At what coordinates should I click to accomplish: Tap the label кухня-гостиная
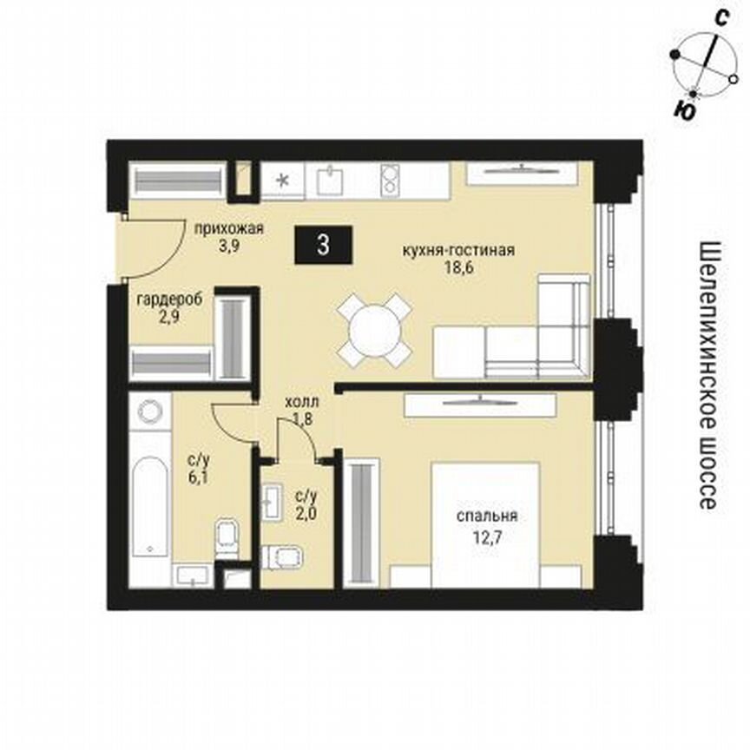[x=458, y=251]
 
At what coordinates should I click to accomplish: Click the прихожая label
[x=228, y=230]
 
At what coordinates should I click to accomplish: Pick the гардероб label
[x=170, y=299]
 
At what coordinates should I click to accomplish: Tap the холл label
[x=302, y=403]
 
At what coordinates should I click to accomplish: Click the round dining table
[x=375, y=330]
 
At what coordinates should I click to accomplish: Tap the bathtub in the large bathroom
[x=155, y=503]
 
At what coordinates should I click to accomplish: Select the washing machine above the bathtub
[x=154, y=414]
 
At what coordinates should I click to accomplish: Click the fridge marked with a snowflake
[x=282, y=181]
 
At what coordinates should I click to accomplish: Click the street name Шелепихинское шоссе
[x=707, y=375]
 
